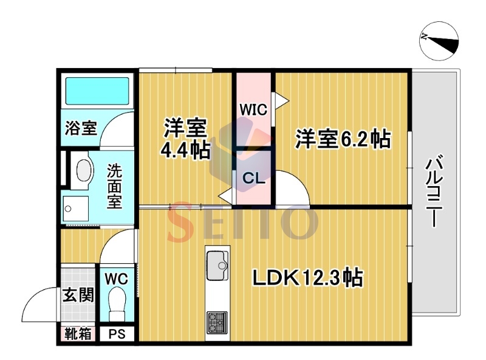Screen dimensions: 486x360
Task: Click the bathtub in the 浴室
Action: (x=97, y=91)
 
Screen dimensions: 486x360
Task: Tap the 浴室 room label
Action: (x=81, y=128)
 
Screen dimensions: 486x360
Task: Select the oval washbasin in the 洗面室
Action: (x=84, y=171)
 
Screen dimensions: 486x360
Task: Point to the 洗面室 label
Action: (x=114, y=185)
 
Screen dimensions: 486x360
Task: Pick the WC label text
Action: (x=116, y=279)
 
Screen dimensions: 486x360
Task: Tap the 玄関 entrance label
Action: (x=78, y=294)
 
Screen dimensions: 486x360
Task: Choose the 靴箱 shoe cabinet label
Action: (x=78, y=334)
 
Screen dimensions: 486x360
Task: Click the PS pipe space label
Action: (x=117, y=334)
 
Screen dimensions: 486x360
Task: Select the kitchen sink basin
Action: (x=217, y=265)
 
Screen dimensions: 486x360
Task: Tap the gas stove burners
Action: (x=217, y=322)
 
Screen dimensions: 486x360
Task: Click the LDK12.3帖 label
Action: (x=308, y=277)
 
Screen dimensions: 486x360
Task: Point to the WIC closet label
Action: (x=253, y=109)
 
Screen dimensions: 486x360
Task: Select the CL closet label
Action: (x=253, y=178)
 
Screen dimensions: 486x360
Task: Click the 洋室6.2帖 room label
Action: (x=343, y=139)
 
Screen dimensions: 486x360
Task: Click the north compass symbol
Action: (x=439, y=41)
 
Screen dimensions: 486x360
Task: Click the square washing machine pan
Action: (x=75, y=209)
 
